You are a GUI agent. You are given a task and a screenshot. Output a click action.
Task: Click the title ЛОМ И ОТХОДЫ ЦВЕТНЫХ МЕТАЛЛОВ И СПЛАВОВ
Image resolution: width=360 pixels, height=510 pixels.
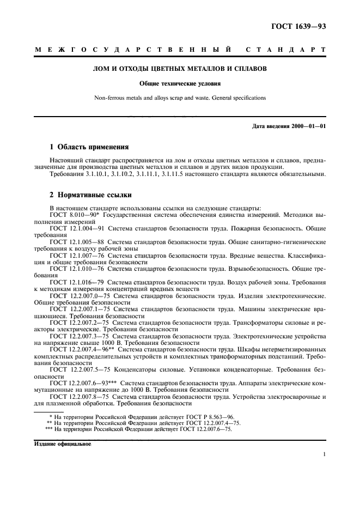[x=180, y=69]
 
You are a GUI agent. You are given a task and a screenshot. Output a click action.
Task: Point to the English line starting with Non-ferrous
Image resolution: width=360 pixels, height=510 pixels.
[x=180, y=98]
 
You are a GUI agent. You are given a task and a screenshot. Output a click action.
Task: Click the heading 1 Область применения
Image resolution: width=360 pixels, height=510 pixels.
[x=89, y=147]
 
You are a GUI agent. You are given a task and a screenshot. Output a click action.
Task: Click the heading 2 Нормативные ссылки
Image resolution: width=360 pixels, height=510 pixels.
[x=90, y=195]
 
